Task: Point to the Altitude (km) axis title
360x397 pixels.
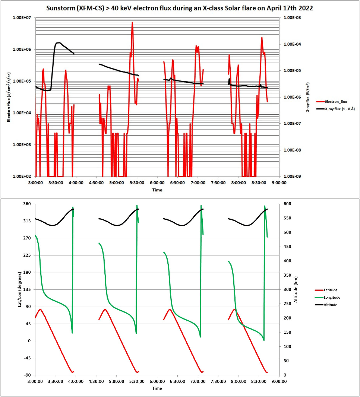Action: click(x=297, y=289)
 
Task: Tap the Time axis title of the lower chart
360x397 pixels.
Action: click(x=157, y=388)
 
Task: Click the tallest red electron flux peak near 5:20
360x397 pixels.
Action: click(x=132, y=23)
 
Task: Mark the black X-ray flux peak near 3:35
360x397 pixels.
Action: click(x=59, y=43)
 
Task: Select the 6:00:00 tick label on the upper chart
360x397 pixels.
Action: click(x=157, y=183)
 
